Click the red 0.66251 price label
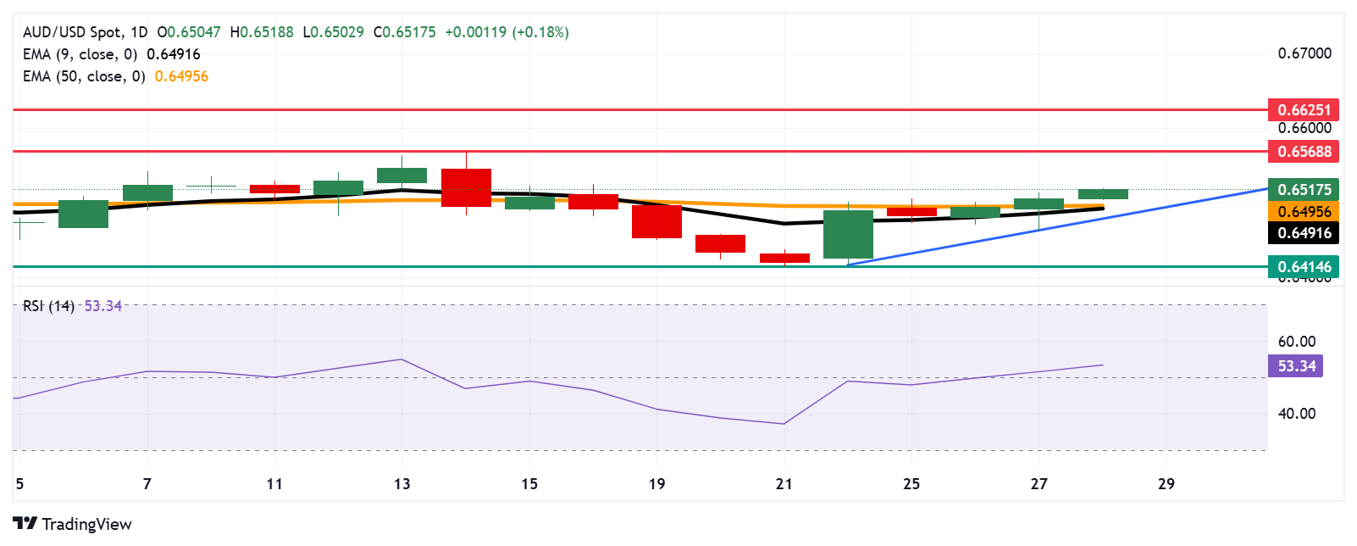1304,109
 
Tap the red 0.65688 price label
1304,152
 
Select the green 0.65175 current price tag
1304,190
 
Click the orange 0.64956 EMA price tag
1304,211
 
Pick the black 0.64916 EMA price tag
1304,233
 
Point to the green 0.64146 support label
1304,267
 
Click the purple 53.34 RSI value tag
1296,366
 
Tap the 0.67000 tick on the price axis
1304,53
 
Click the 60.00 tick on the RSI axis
1296,342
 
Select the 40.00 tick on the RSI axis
1296,414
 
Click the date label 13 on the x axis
402,484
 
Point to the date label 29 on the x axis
1166,484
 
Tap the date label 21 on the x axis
784,484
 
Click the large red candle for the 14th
466,187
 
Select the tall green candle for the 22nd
848,234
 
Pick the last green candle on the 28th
1103,194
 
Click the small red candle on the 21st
784,258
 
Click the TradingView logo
72,524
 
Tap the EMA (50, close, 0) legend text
84,76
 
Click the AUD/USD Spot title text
72,32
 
